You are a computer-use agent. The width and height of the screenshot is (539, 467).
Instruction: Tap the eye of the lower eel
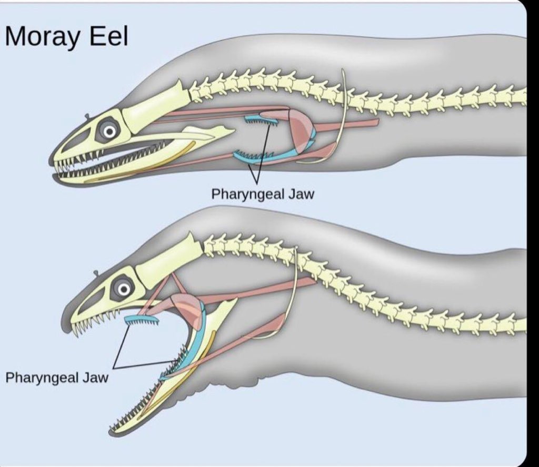[124, 288]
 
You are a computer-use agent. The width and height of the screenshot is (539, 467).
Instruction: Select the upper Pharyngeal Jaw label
[262, 194]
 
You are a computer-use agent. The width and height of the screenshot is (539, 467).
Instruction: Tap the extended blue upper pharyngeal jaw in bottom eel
[142, 319]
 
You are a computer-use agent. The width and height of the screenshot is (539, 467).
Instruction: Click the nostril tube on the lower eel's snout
[96, 272]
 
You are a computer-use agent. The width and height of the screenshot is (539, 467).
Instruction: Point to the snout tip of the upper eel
[54, 160]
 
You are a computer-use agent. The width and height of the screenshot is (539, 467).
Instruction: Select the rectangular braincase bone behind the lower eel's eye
[168, 262]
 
